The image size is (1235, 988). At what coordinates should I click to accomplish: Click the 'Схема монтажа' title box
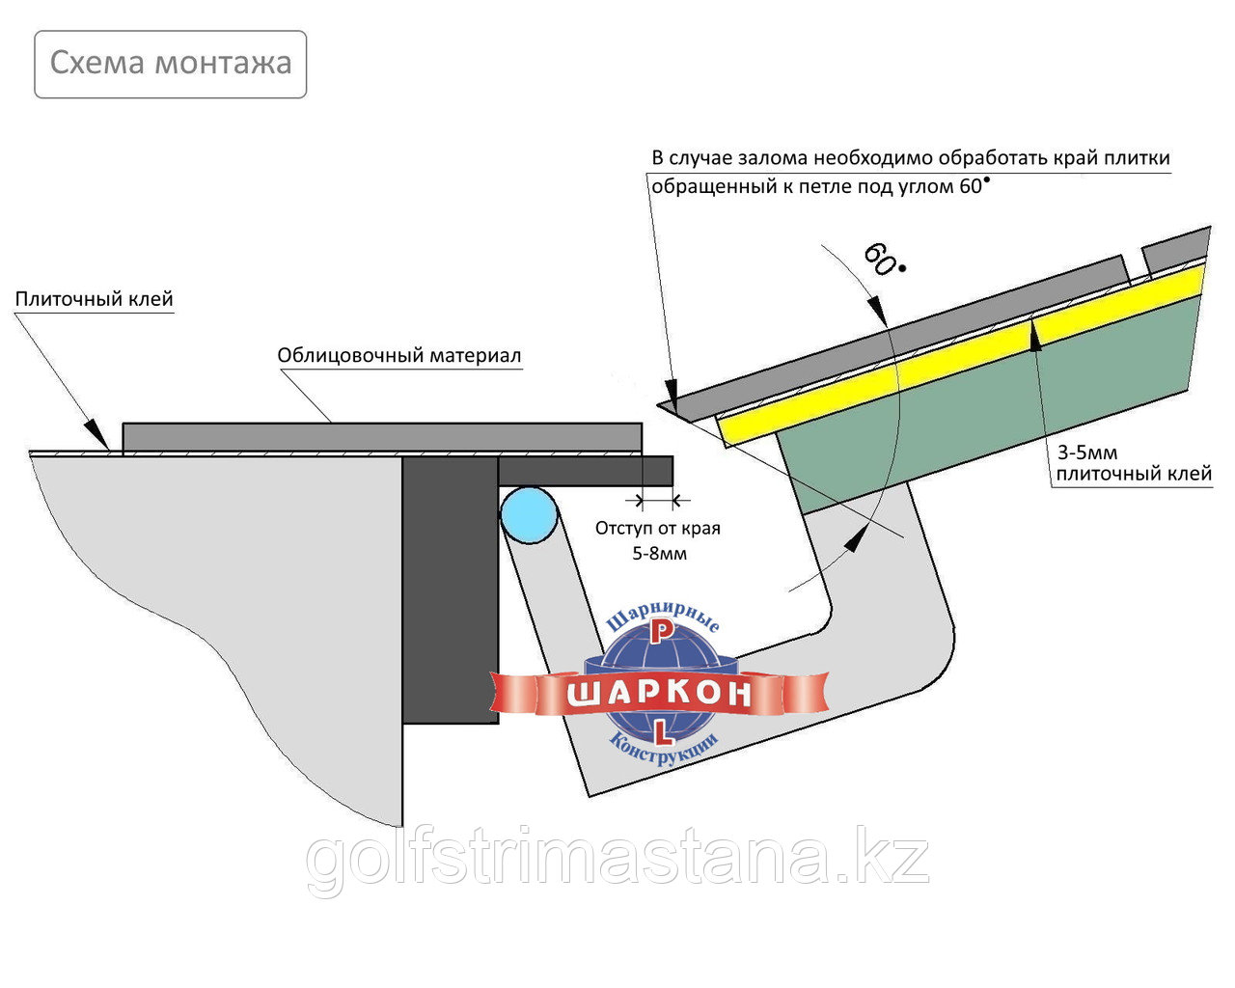171,65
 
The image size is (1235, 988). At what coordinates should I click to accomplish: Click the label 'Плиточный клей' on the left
95,299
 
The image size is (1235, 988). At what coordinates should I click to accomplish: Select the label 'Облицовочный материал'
399,355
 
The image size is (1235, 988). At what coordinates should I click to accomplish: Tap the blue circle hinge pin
529,515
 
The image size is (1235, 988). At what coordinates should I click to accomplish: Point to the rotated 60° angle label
883,260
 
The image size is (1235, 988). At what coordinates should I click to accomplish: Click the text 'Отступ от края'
658,528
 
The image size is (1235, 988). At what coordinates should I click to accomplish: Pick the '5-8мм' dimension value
659,554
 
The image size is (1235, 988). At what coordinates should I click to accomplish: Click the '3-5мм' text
1087,453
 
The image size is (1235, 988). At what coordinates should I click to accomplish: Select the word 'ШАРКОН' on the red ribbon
659,694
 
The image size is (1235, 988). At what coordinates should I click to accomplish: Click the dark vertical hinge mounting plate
450,590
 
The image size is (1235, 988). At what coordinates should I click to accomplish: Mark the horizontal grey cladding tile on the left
382,437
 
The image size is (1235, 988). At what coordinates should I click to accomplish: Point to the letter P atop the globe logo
662,632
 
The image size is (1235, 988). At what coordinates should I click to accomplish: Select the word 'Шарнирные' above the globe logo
663,617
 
